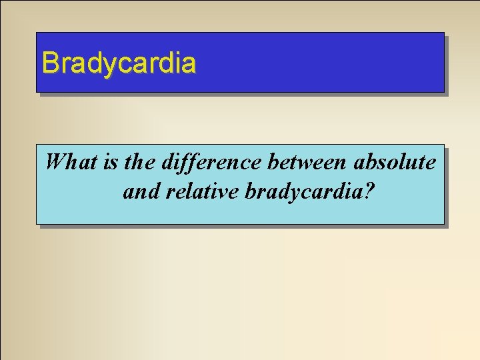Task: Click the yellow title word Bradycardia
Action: (119, 63)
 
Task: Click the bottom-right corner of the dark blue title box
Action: (443, 91)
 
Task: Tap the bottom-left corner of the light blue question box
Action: (37, 223)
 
